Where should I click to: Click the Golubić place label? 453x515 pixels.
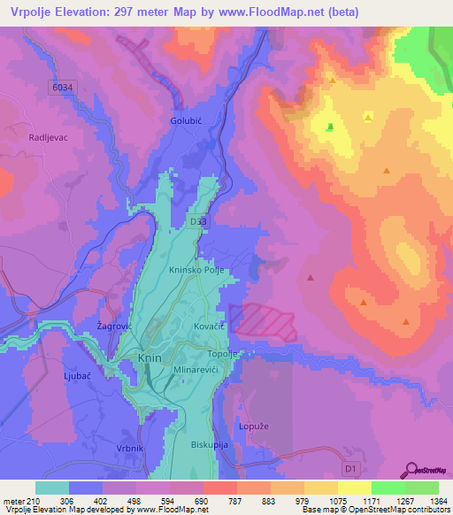point(188,119)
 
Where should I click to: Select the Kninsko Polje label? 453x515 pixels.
point(199,271)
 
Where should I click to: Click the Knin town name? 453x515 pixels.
point(150,358)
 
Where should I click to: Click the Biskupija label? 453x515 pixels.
point(210,444)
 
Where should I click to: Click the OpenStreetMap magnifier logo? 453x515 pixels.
point(410,469)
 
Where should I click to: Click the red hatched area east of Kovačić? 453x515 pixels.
point(263,321)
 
